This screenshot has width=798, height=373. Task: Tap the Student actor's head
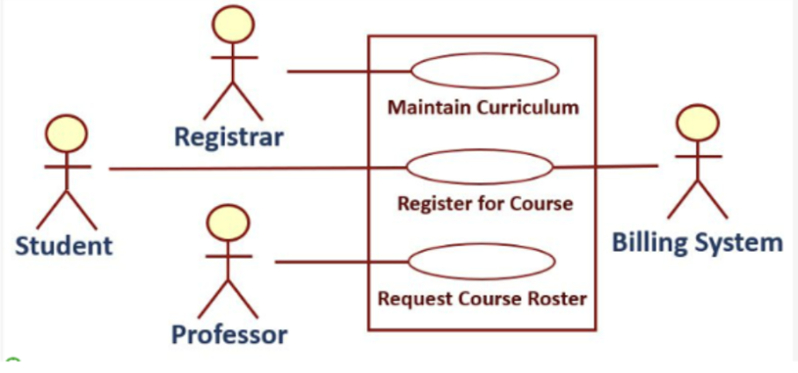tap(67, 134)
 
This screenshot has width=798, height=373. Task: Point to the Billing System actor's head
tap(700, 124)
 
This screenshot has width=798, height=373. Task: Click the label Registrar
tap(229, 137)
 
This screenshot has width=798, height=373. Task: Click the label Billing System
tap(697, 242)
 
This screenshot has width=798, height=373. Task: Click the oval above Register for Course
tap(480, 166)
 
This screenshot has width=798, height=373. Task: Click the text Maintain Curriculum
tap(483, 108)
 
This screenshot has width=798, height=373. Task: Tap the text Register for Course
tap(485, 204)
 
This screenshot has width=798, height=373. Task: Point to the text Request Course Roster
tap(482, 298)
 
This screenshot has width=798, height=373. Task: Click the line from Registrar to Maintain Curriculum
tap(347, 70)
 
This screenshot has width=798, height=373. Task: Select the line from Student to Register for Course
tap(255, 168)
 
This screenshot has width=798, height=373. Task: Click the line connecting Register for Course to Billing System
tap(606, 165)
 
